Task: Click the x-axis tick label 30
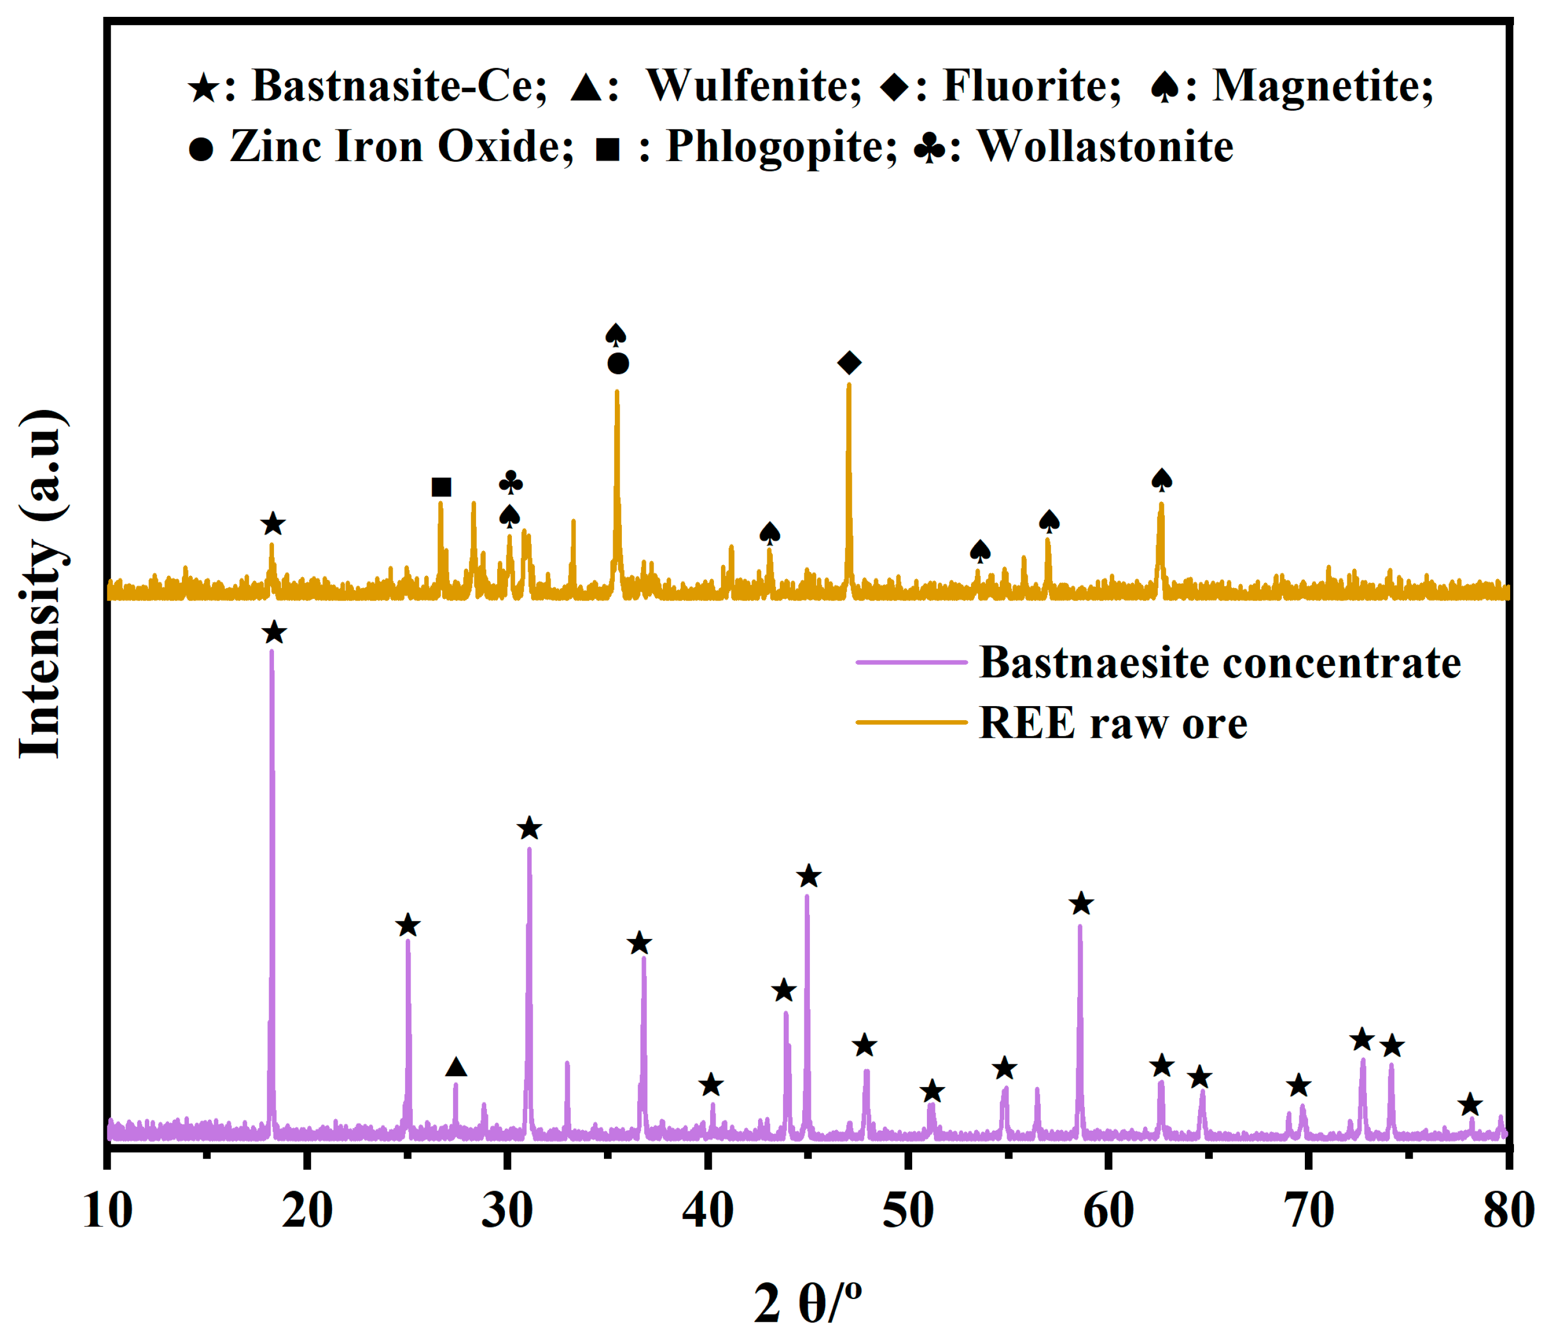(x=507, y=1210)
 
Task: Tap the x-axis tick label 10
(x=107, y=1210)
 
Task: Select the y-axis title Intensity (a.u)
(x=41, y=585)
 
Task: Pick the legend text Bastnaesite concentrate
(x=1220, y=663)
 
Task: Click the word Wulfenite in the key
(x=753, y=85)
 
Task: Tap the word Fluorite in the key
(x=1031, y=85)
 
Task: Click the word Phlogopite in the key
(x=780, y=145)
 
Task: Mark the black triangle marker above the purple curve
(x=456, y=1067)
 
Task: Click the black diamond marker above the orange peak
(x=850, y=363)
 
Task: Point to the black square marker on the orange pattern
(x=442, y=488)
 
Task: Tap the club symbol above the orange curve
(x=510, y=482)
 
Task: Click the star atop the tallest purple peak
(x=274, y=633)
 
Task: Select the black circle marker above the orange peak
(x=618, y=364)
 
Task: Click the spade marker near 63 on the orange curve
(x=1161, y=480)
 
